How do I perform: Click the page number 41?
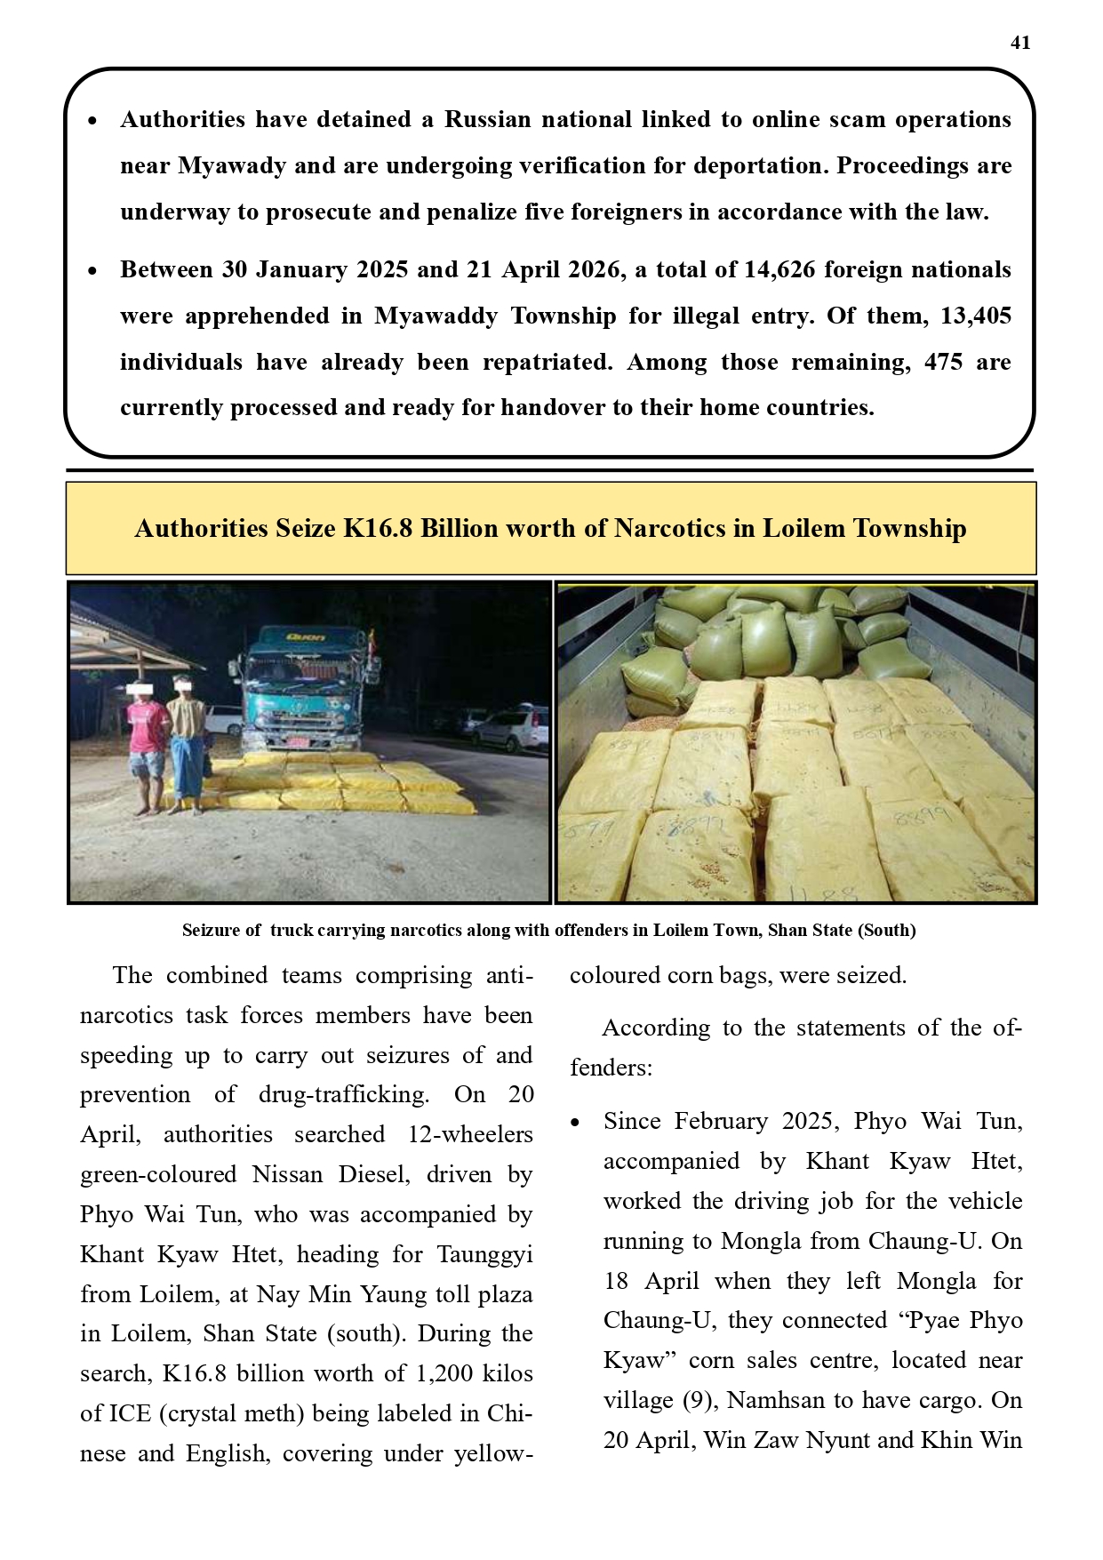tap(1020, 43)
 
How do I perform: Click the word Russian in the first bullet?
tap(487, 120)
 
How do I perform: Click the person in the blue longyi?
tap(187, 747)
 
